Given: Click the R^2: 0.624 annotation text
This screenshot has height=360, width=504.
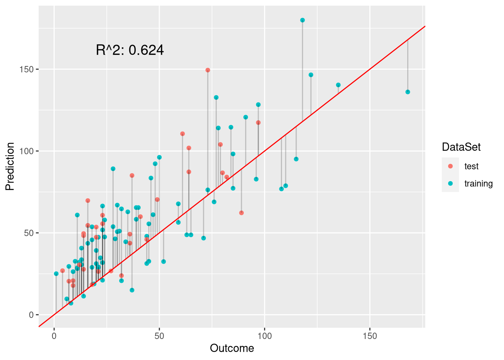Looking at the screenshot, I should (130, 50).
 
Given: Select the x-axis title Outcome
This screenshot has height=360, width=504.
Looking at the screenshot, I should (232, 348).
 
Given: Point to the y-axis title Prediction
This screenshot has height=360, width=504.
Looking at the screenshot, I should (10, 166).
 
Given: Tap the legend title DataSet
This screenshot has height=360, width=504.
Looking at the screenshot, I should (461, 147).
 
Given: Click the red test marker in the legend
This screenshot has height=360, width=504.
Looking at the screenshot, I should (450, 166).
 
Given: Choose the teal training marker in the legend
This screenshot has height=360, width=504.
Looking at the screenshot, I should (450, 183).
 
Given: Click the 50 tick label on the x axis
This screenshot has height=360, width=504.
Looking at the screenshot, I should (159, 336).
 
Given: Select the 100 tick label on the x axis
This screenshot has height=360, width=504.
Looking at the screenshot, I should (265, 336).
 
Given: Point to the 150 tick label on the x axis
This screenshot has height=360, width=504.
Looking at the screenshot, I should (370, 336).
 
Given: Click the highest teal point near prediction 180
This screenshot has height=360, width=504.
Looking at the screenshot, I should (303, 20).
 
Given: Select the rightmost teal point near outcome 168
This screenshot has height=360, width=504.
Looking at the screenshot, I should (408, 92).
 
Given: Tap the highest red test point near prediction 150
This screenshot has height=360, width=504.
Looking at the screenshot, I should (208, 70).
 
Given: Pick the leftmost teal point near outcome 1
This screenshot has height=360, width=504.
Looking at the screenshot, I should (56, 274).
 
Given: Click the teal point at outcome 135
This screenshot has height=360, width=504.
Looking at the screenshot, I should (338, 85).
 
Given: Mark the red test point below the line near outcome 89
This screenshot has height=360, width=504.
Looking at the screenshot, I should (241, 213).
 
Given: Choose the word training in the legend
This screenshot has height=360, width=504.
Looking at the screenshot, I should (478, 183).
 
